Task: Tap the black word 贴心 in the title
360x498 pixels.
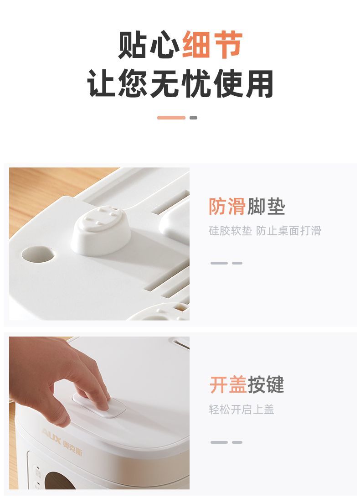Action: [x=149, y=45]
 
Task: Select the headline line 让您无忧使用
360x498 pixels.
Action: [x=180, y=83]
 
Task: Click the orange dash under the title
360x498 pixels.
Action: [x=171, y=118]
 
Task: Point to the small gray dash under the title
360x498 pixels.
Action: [x=193, y=118]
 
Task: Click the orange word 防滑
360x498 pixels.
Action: [x=227, y=207]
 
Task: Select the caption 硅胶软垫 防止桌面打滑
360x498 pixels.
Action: [x=265, y=231]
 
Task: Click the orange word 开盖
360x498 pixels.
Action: [x=228, y=384]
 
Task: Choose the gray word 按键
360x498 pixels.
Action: [x=266, y=384]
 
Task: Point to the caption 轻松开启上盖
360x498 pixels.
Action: [x=241, y=410]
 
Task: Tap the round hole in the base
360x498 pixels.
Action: [x=38, y=254]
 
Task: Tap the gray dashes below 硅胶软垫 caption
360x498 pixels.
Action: [x=226, y=263]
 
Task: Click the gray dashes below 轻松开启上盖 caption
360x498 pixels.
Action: [x=226, y=442]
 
